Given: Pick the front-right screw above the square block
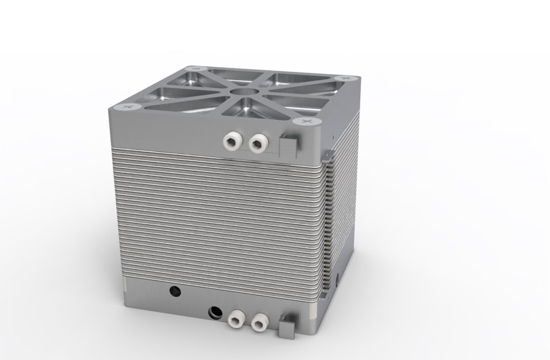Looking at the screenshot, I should point(305,121).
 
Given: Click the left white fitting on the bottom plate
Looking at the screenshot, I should point(237,318).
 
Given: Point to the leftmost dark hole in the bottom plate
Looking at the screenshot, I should point(175,292).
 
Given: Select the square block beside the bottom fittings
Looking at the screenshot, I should point(287,327).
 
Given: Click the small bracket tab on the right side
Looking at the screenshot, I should point(330,155).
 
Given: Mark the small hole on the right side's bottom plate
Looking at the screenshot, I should point(337,279).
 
